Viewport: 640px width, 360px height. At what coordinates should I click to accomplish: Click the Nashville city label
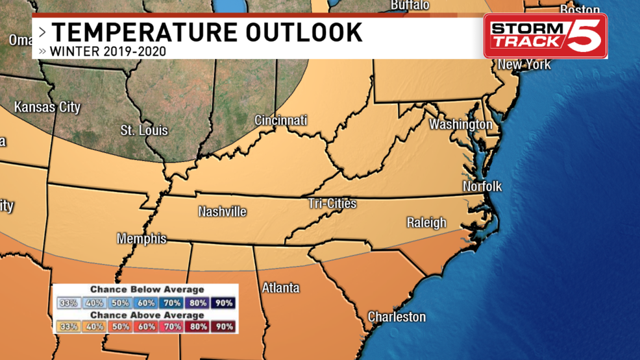coord(222,211)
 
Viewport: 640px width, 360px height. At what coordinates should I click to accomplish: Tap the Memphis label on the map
coord(142,239)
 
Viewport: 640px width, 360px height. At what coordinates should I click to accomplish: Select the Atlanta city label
coord(280,287)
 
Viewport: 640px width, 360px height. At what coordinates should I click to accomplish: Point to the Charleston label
coord(397,317)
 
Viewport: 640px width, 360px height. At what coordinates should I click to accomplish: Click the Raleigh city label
coord(426,222)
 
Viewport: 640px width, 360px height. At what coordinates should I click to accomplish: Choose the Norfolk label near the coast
coord(482,187)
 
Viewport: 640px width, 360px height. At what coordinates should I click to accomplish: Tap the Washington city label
coord(461,124)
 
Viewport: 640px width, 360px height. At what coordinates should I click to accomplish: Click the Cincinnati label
coord(280,121)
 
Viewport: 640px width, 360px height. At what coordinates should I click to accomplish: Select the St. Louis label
coord(144,130)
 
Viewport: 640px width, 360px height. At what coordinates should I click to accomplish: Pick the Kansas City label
coord(47,107)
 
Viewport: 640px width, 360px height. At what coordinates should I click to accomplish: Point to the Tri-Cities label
coord(332,204)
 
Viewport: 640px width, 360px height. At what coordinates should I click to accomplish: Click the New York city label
coord(524,64)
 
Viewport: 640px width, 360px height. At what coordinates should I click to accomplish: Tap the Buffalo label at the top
coord(410,5)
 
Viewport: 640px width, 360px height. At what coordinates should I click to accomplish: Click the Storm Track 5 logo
coord(545,36)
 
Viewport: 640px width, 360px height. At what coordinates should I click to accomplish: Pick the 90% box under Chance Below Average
coord(224,303)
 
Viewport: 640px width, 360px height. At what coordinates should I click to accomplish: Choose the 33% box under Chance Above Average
coord(68,327)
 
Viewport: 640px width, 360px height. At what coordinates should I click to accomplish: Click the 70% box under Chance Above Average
coord(172,327)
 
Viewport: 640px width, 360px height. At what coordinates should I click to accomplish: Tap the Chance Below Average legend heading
coord(147,289)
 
